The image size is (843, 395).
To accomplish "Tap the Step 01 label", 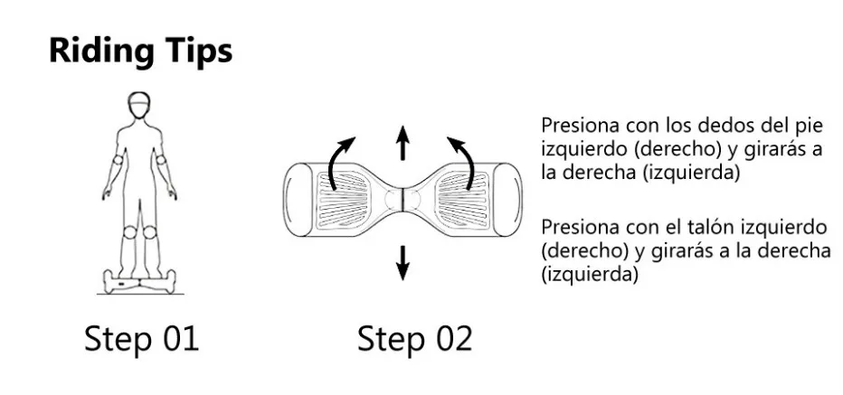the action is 141,339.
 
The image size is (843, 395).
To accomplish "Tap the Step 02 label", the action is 415,339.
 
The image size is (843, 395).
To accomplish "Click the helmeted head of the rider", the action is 139,105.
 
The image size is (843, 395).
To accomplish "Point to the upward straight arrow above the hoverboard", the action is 403,142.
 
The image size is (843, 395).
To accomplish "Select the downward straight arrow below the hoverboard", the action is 403,263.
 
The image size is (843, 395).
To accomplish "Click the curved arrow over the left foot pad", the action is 340,160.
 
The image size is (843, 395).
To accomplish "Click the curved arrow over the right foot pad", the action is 463,160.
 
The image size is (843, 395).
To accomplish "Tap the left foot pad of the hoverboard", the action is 343,200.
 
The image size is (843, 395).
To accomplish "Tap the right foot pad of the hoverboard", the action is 463,200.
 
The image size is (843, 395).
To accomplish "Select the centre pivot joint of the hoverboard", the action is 403,200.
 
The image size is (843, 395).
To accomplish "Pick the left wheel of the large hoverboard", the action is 298,200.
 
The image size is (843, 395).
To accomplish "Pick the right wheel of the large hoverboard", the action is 508,200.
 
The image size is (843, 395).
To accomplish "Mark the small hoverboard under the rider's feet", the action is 140,282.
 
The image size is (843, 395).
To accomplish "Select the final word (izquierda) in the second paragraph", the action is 590,275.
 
